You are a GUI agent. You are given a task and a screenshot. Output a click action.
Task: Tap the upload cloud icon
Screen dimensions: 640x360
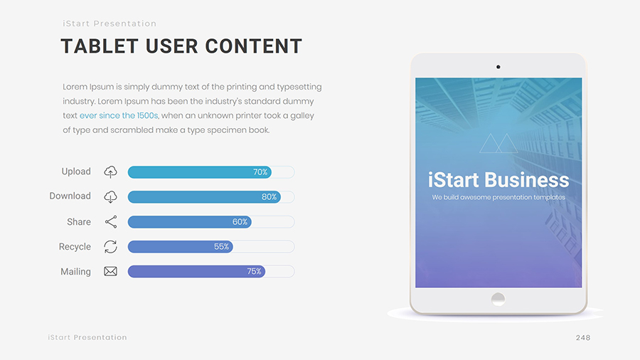(110, 172)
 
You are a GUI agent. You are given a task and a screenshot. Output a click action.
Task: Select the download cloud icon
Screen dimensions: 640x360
(110, 197)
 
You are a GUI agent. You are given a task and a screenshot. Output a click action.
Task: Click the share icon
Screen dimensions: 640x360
(111, 222)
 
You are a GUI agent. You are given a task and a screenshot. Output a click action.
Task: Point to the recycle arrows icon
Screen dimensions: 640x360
(111, 247)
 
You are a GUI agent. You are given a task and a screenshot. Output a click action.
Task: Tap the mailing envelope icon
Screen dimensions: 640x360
(111, 272)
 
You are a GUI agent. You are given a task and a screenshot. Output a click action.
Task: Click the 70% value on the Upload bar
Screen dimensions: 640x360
(260, 172)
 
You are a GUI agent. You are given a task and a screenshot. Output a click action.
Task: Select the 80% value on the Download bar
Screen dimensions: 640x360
(269, 197)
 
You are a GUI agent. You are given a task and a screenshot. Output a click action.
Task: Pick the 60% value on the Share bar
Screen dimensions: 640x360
(240, 222)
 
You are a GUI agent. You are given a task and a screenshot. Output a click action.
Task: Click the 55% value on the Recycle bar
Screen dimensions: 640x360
(221, 247)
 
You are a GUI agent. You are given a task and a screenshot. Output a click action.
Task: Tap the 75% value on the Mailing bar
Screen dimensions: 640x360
(254, 272)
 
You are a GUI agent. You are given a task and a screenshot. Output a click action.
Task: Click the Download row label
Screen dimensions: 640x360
(70, 196)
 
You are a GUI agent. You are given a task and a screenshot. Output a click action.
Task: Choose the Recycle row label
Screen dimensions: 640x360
(75, 247)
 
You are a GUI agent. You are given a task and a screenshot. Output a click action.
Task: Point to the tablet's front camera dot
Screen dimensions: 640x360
(498, 67)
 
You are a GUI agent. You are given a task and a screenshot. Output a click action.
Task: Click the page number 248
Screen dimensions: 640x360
(583, 337)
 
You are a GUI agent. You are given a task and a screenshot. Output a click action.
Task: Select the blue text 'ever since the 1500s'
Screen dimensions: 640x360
(119, 115)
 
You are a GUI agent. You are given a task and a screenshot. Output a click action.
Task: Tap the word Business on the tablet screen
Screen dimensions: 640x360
(527, 180)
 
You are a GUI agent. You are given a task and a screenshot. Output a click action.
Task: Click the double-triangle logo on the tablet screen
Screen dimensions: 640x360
(498, 143)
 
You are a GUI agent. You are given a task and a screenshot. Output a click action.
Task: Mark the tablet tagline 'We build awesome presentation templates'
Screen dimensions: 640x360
(498, 198)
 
